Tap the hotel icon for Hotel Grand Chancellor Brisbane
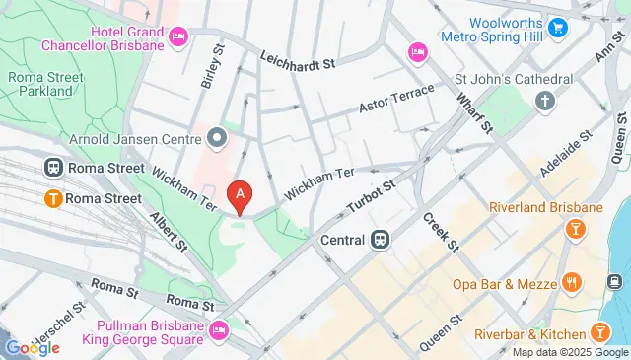(178, 37)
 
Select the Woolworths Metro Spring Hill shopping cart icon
(559, 27)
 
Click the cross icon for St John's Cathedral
(543, 101)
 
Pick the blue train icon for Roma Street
(51, 168)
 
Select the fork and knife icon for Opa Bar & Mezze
(571, 284)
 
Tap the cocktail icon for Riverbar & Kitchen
(599, 330)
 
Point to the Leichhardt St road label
(299, 61)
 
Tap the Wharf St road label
(475, 111)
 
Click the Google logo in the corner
(32, 347)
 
